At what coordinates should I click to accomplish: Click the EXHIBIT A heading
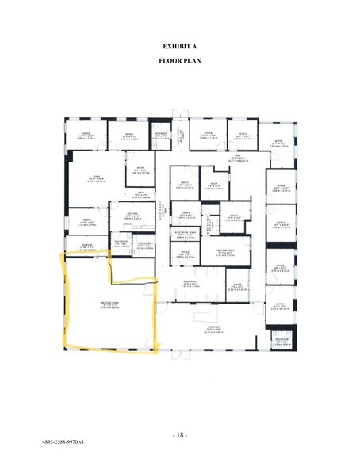coord(179,47)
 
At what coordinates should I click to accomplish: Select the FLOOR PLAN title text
coord(179,61)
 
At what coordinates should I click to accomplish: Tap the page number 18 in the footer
coord(179,437)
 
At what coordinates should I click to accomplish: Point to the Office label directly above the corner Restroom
coord(280,304)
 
